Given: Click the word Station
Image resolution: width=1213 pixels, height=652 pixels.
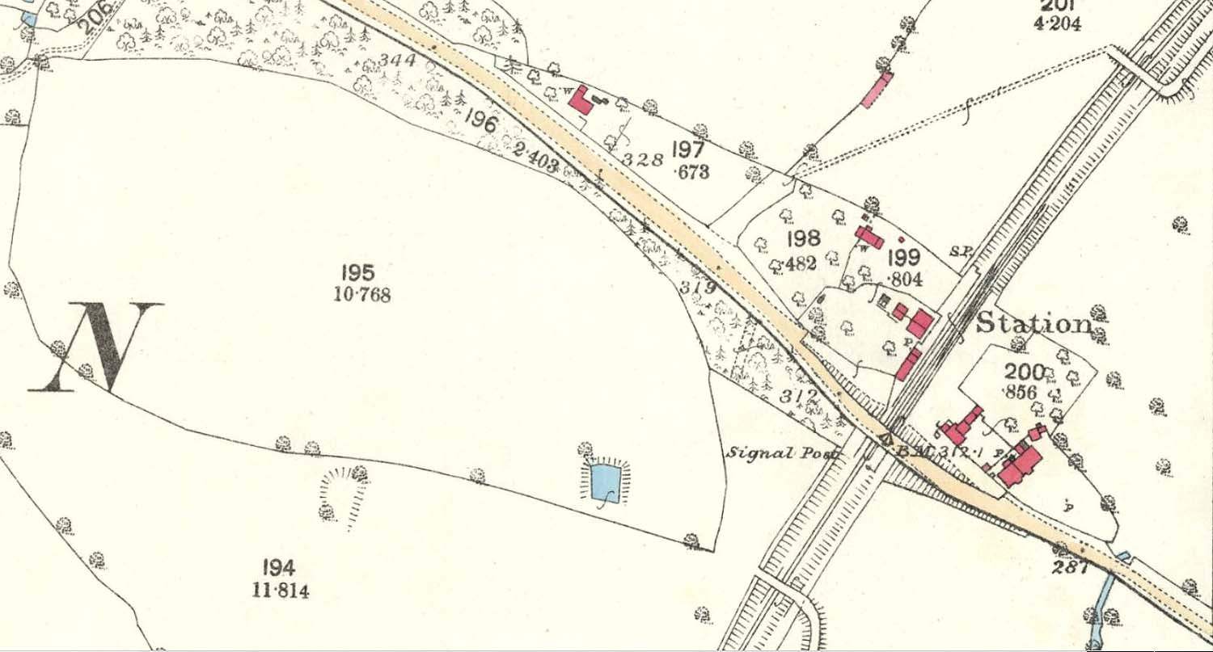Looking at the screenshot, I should (1033, 323).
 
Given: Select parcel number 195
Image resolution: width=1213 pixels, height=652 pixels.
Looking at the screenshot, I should (358, 272).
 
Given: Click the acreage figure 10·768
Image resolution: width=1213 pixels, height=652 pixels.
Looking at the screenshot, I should (361, 295).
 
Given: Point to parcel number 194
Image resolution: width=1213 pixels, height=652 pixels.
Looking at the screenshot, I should (279, 567).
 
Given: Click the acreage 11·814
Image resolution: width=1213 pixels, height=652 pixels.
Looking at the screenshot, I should (281, 591).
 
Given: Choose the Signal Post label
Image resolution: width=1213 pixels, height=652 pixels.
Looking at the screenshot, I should (781, 453).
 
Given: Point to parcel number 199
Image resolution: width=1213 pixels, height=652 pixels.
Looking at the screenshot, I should (904, 258).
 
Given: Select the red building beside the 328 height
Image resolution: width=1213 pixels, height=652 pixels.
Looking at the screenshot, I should (581, 100).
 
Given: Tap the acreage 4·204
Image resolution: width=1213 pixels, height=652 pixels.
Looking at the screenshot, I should (1056, 23).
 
